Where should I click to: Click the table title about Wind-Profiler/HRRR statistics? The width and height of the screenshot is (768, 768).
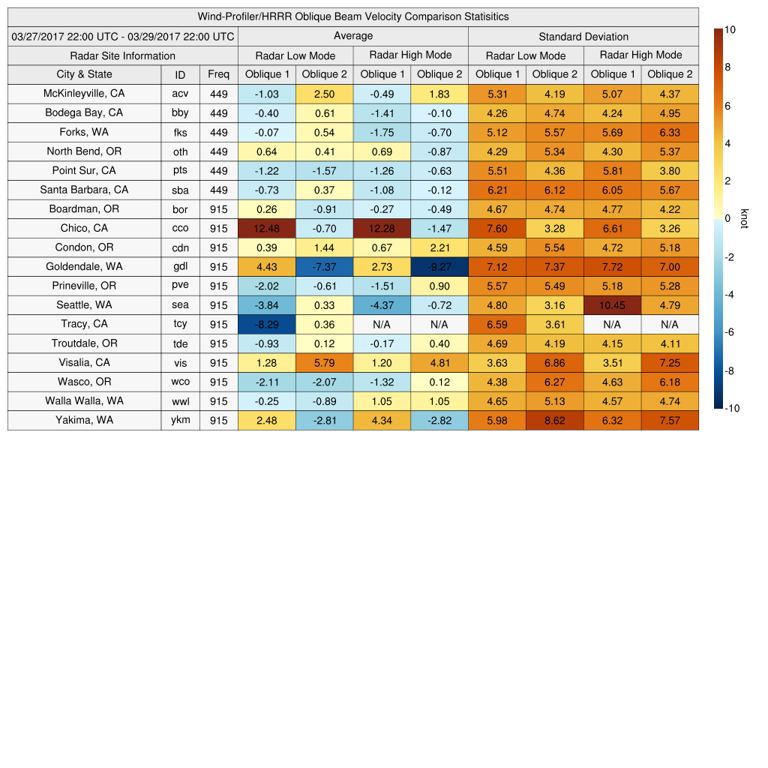coord(353,16)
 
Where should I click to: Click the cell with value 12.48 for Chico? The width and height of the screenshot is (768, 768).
coord(266,229)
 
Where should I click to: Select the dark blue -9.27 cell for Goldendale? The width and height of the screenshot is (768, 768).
coord(439,267)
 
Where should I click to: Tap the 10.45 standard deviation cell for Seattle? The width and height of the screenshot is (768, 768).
coord(612,305)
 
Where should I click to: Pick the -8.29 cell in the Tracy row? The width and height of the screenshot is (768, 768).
coord(266,325)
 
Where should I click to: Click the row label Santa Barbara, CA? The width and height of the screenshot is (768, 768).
coord(84,190)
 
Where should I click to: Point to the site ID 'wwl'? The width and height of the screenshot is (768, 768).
coord(180,401)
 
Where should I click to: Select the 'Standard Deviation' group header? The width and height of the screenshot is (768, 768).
coord(583,37)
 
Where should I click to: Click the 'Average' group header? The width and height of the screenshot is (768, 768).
coord(352,36)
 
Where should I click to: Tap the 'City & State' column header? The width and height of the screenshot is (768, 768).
coord(84,74)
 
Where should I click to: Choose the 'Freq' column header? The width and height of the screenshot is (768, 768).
coord(218,74)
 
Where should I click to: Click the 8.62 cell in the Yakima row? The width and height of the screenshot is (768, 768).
coord(554,421)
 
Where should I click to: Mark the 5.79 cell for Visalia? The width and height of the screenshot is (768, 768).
coord(324,363)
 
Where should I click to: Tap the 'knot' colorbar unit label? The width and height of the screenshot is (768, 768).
coord(744,218)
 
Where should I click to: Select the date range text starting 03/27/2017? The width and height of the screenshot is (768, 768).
coord(123,37)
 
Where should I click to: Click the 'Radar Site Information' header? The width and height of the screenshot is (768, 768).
coord(122,56)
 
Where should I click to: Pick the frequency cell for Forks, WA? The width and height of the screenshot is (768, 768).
coord(218,133)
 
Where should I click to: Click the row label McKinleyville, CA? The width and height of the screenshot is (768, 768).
coord(84,94)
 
